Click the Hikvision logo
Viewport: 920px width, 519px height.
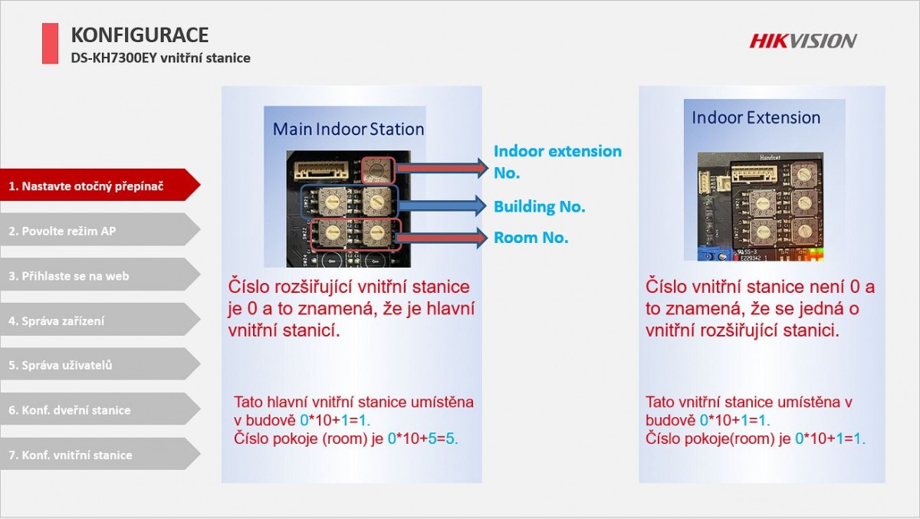[x=803, y=41]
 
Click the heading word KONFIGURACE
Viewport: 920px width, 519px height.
[x=140, y=35]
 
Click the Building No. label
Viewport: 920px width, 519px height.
[x=539, y=206]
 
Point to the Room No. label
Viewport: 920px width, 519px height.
[x=531, y=238]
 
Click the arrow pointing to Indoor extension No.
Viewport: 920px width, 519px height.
[x=442, y=168]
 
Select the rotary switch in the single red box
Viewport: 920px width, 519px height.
[x=378, y=170]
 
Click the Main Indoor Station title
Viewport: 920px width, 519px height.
[x=348, y=129]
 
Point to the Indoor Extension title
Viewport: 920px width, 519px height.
[x=756, y=117]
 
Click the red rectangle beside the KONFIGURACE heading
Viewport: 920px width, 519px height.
[x=50, y=43]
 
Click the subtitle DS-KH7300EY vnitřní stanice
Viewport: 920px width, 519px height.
[x=160, y=58]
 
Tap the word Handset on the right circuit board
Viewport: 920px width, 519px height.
[x=770, y=157]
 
